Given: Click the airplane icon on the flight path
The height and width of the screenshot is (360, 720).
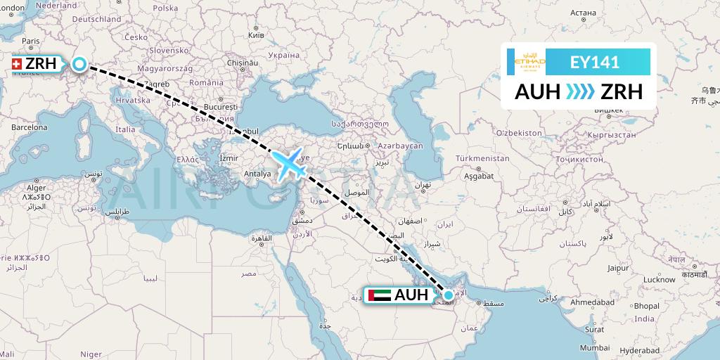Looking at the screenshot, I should pyautogui.click(x=290, y=165).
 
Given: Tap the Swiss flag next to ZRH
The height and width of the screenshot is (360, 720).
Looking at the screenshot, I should pyautogui.click(x=15, y=65).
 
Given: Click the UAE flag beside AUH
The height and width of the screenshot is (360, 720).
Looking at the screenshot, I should pyautogui.click(x=380, y=295).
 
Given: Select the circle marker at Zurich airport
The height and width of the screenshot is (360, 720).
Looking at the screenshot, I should pyautogui.click(x=79, y=65).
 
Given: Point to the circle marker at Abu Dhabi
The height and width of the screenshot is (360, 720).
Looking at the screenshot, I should pyautogui.click(x=449, y=295).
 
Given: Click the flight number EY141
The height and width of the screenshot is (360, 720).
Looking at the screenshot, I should pyautogui.click(x=595, y=62).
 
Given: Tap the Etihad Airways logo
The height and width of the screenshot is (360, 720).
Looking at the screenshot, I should pyautogui.click(x=530, y=62).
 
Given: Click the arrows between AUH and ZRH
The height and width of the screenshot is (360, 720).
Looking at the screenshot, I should pyautogui.click(x=579, y=92).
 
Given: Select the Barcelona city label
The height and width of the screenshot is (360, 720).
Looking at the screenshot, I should pyautogui.click(x=29, y=127).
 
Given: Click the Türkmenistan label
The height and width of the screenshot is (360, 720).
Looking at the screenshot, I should pyautogui.click(x=482, y=158).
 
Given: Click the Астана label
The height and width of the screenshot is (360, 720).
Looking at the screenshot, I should pyautogui.click(x=583, y=13).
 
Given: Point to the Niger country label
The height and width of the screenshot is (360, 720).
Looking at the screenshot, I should pyautogui.click(x=91, y=354).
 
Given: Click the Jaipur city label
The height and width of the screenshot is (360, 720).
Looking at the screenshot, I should pyautogui.click(x=618, y=268).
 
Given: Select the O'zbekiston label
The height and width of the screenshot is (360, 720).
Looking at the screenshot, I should pyautogui.click(x=519, y=132).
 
